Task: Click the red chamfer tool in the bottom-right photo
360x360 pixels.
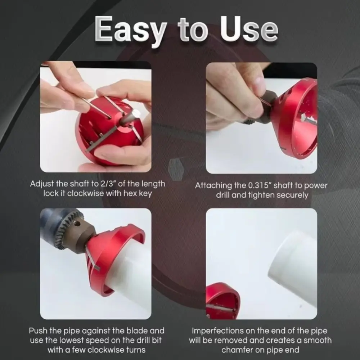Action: pos(222,302)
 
